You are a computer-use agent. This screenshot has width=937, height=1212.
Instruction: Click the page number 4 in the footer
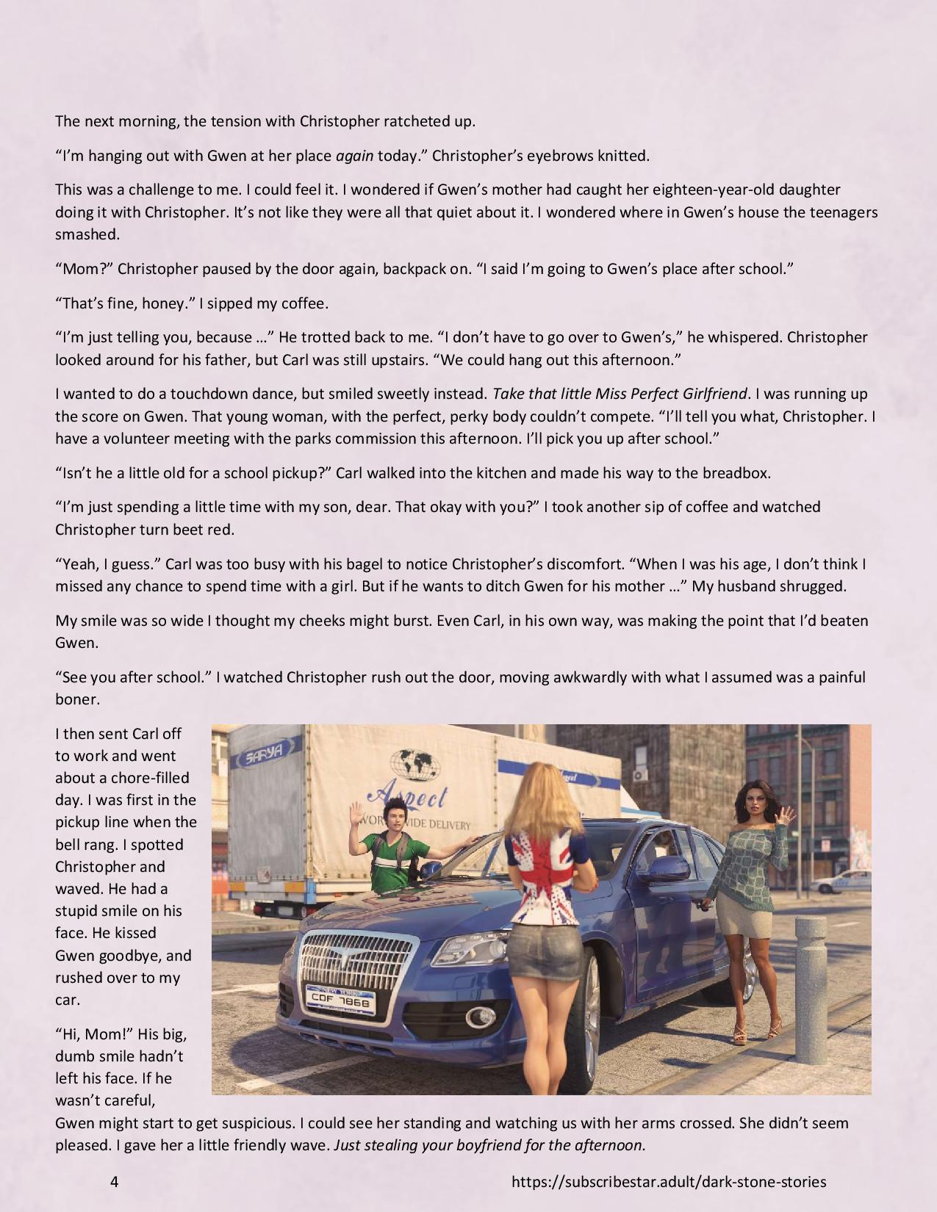coord(115,1182)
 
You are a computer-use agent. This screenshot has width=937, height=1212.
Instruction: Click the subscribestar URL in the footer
coord(668,1182)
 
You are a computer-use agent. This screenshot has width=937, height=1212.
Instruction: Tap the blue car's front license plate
coord(340,1000)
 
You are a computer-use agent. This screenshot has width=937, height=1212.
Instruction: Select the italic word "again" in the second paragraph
coord(355,156)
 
